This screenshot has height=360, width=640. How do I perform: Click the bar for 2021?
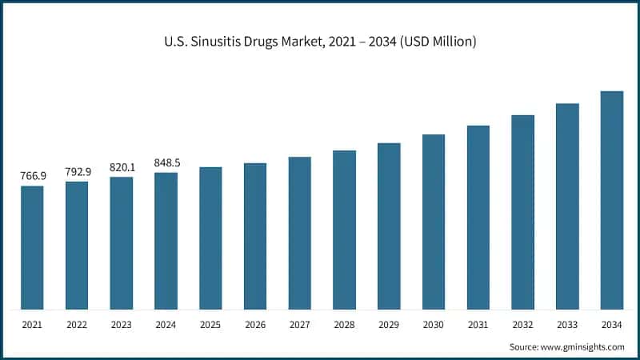pos(32,248)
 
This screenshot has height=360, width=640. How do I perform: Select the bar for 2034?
pos(612,200)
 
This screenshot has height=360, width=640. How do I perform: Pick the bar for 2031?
pos(478,218)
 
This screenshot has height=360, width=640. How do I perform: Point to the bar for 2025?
pos(210,238)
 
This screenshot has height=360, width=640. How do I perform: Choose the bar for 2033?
pos(567,206)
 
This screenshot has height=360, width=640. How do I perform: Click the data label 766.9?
pos(32,176)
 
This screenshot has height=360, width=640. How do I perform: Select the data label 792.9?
pos(77,171)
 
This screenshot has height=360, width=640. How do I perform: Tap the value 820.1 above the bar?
pos(122,166)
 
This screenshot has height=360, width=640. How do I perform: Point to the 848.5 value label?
pos(166,162)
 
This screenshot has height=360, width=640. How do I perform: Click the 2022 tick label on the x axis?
pos(77,326)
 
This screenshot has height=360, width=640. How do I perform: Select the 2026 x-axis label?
pos(255,326)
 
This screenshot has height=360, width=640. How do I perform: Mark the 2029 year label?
pos(389,326)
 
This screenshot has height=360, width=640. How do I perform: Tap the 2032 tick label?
pos(523,326)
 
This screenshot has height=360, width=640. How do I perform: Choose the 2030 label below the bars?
pos(434,326)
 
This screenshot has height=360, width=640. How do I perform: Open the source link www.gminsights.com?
pos(583,346)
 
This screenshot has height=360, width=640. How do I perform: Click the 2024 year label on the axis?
pos(166,326)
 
